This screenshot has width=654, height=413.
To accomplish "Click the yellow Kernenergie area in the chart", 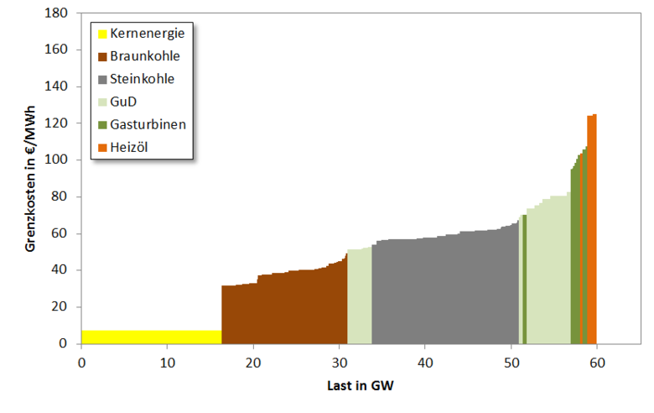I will point(151,337).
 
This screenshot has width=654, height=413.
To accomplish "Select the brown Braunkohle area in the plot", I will point(285,311).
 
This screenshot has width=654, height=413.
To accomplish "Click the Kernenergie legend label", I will point(147,34).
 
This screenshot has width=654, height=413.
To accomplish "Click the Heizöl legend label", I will point(128,147).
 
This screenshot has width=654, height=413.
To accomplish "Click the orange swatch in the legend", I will point(102,147).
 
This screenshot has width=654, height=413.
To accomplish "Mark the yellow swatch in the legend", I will point(102,34).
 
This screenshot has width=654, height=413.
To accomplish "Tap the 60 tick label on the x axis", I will point(596,362).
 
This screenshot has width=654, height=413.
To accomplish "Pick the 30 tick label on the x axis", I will point(339,362).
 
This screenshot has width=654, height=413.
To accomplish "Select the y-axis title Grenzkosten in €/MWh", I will point(30,178).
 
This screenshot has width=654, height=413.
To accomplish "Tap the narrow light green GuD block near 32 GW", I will point(359,298).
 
